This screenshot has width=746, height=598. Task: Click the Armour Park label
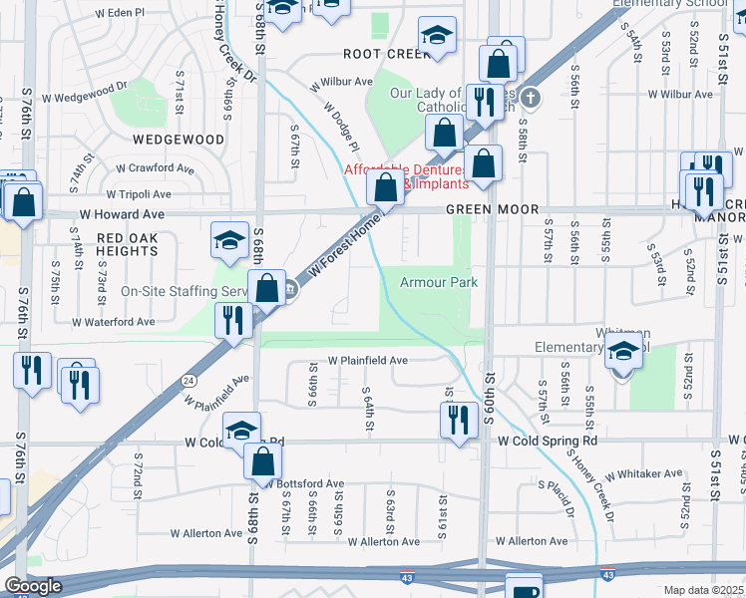pyautogui.click(x=439, y=283)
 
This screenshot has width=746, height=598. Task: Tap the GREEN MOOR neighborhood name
pyautogui.click(x=492, y=209)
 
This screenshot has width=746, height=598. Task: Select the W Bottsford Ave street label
pyautogui.click(x=305, y=484)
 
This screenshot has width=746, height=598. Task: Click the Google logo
pyautogui.click(x=32, y=586)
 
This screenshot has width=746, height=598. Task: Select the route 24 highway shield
pyautogui.click(x=187, y=380)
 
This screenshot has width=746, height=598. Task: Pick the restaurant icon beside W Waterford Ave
pyautogui.click(x=229, y=322)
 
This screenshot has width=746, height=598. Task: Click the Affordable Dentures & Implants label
pyautogui.click(x=406, y=176)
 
